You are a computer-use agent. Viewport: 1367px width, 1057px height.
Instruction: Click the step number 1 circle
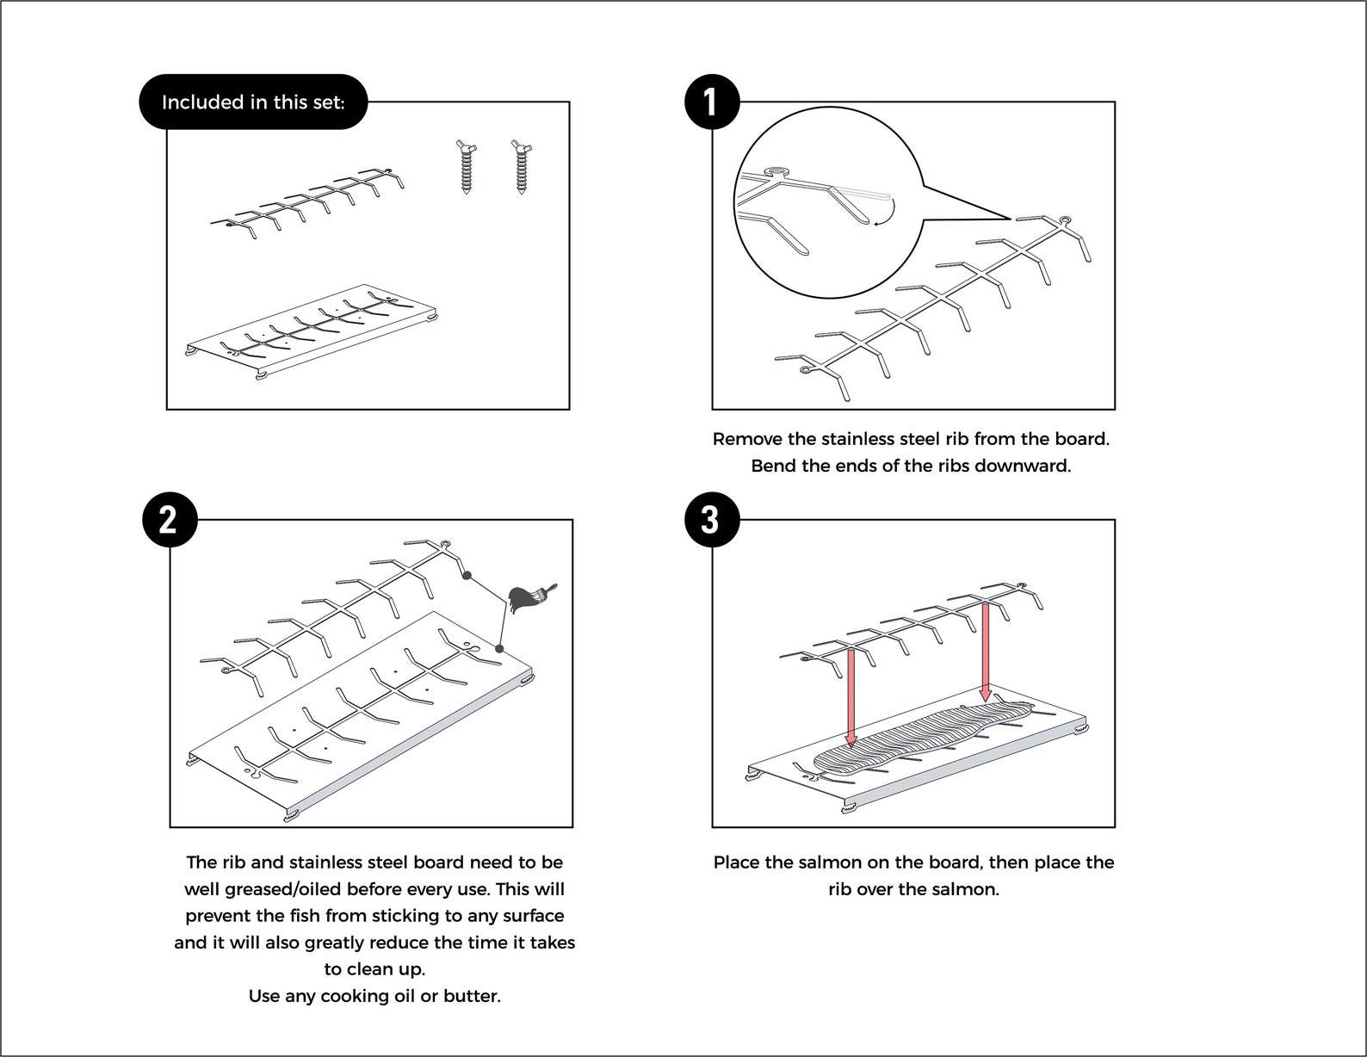point(712,102)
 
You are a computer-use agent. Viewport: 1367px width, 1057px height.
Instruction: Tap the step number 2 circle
point(170,519)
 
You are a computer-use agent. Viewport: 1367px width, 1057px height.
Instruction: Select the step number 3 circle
point(712,519)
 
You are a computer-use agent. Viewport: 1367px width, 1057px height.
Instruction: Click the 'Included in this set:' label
point(253,102)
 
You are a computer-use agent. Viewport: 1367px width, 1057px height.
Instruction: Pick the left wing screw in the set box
point(467,167)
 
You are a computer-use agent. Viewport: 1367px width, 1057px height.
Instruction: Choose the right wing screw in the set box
point(522,167)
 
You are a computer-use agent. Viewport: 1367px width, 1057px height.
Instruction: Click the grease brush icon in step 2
point(529,598)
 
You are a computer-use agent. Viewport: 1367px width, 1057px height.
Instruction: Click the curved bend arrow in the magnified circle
point(887,213)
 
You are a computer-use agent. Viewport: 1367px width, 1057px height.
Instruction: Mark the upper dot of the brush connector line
point(467,575)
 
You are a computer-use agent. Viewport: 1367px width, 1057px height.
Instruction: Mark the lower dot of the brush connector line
point(499,648)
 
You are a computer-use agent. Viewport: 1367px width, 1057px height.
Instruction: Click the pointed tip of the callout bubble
point(1011,219)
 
